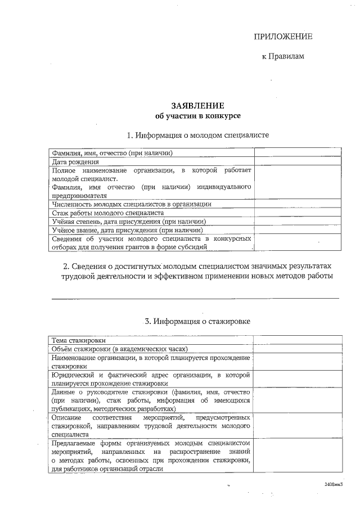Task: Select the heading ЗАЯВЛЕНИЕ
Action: tap(197, 105)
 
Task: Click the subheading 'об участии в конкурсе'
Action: tap(197, 116)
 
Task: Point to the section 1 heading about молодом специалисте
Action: tap(197, 135)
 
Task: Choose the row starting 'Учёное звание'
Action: tap(127, 230)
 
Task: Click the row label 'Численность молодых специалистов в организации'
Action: tap(132, 204)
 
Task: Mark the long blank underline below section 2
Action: tap(195, 298)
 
